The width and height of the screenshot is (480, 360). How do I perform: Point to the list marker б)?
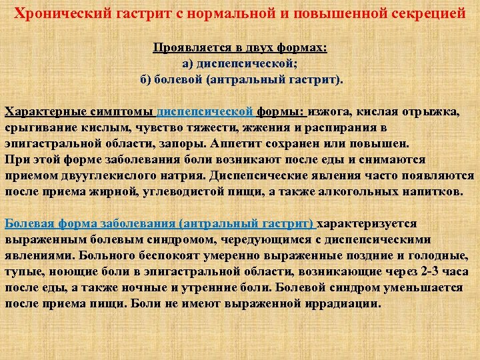[145, 79]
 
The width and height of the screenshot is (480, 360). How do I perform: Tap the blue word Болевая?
[29, 223]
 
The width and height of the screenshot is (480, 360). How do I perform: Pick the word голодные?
[438, 255]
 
